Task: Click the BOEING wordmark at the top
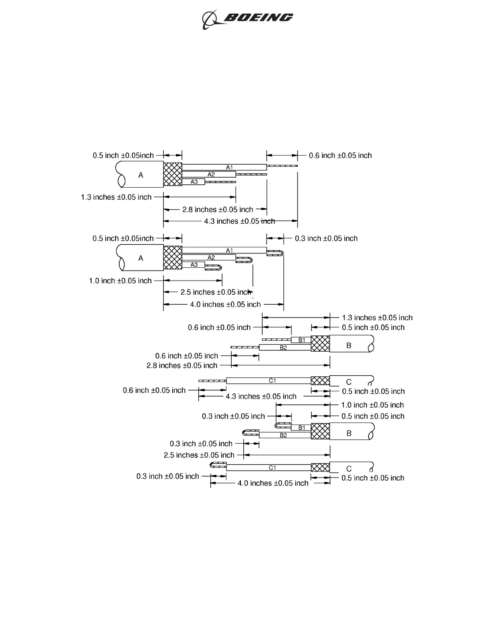pos(258,17)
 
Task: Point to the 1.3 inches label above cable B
pos(377,318)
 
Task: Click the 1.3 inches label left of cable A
pos(116,197)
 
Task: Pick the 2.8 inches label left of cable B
pos(181,366)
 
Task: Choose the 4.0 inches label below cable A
pos(225,305)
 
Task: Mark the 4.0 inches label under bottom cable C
pos(273,483)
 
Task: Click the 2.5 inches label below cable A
pos(216,292)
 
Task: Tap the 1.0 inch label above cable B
pos(372,405)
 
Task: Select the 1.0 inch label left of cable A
pos(120,281)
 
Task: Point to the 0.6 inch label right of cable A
pos(340,156)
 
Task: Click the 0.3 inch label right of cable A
pos(326,239)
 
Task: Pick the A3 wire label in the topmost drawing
pos(194,182)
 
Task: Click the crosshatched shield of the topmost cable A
pos(173,174)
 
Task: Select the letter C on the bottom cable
pos(348,469)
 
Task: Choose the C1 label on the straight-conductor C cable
pos(272,381)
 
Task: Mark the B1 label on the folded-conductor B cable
pos(302,428)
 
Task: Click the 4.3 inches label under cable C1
pos(261,396)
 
